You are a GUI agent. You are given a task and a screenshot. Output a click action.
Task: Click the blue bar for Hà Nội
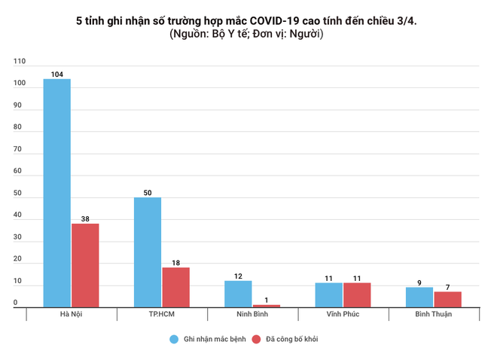(56, 193)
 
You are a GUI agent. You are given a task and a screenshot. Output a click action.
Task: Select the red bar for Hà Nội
(85, 265)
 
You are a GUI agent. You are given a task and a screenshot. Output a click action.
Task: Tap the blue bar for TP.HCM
(148, 252)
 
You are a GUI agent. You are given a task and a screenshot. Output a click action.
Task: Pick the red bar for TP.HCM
(175, 287)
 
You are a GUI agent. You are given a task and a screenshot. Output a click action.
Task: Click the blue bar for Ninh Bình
(238, 294)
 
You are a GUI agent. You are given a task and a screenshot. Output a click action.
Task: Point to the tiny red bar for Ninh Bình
(267, 306)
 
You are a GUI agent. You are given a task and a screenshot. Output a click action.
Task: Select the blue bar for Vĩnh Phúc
(329, 294)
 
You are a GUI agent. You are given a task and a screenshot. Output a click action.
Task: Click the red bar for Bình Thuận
(447, 299)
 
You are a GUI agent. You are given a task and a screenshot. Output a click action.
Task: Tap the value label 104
(56, 74)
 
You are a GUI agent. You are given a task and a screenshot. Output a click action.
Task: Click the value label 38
(85, 218)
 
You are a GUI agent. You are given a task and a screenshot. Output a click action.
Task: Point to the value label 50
(148, 193)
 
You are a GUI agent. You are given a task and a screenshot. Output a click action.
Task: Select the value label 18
(175, 262)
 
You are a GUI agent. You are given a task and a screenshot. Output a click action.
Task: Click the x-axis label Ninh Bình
(252, 314)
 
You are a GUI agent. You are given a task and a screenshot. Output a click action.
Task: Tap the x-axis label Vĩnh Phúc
(343, 314)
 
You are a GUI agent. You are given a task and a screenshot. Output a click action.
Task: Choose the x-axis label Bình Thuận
(434, 314)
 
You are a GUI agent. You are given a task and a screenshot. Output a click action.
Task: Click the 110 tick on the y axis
(20, 61)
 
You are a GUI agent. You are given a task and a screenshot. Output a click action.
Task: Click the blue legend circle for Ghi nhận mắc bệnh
(174, 339)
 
